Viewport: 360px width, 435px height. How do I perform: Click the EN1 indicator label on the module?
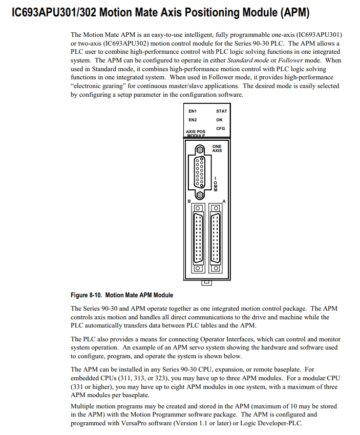tap(193, 111)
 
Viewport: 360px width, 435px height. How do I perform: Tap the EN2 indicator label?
tap(193, 120)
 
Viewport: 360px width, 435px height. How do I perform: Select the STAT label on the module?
tap(221, 111)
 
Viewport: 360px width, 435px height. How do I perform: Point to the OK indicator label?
tap(220, 120)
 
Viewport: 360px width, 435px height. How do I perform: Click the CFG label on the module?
tap(220, 128)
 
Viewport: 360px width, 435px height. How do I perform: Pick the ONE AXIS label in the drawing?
tap(217, 148)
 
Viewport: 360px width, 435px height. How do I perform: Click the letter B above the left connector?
tap(189, 201)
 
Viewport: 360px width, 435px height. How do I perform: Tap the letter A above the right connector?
tap(224, 201)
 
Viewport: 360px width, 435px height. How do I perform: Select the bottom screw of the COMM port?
tap(199, 194)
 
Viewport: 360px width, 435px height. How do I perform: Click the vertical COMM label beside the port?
tap(215, 184)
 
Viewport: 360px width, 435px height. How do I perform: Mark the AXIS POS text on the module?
tap(195, 132)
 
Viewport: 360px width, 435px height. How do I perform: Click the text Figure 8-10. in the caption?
tap(87, 295)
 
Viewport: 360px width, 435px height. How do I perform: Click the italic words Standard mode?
tap(255, 60)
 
